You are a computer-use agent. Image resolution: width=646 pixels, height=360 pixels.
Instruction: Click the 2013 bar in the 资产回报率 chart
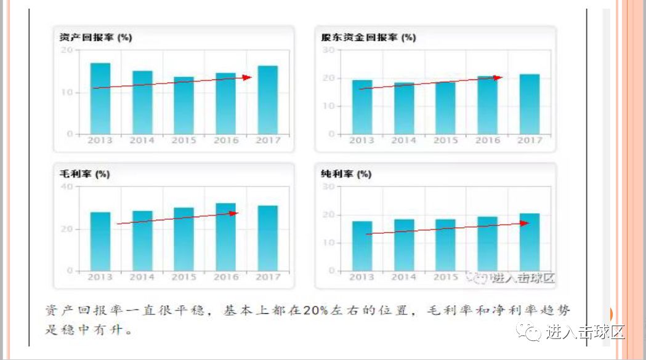(x=100, y=98)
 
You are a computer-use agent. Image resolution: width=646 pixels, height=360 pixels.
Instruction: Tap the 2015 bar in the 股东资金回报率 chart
(x=445, y=108)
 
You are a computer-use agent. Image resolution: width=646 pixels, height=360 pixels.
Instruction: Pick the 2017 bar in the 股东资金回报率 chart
(x=529, y=104)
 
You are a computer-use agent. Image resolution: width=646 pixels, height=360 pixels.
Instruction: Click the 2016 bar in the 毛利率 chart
(x=225, y=237)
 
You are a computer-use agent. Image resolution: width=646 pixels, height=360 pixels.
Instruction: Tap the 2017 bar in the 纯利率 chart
(x=529, y=242)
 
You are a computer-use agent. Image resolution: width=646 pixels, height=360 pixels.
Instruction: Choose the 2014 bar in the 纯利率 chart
(x=403, y=245)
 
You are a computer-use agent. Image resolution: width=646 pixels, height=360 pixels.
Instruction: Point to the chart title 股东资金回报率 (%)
(x=368, y=38)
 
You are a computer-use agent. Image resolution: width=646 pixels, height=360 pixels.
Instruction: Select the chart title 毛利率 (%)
(x=81, y=174)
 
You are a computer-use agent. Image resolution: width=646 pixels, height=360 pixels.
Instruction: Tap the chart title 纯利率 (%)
(x=346, y=174)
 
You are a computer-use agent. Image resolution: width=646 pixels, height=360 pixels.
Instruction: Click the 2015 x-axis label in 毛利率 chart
(x=184, y=278)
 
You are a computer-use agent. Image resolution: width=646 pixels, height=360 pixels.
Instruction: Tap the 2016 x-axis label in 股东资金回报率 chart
(x=488, y=140)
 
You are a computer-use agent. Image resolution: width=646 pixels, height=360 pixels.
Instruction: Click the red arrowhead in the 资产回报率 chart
(x=248, y=78)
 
